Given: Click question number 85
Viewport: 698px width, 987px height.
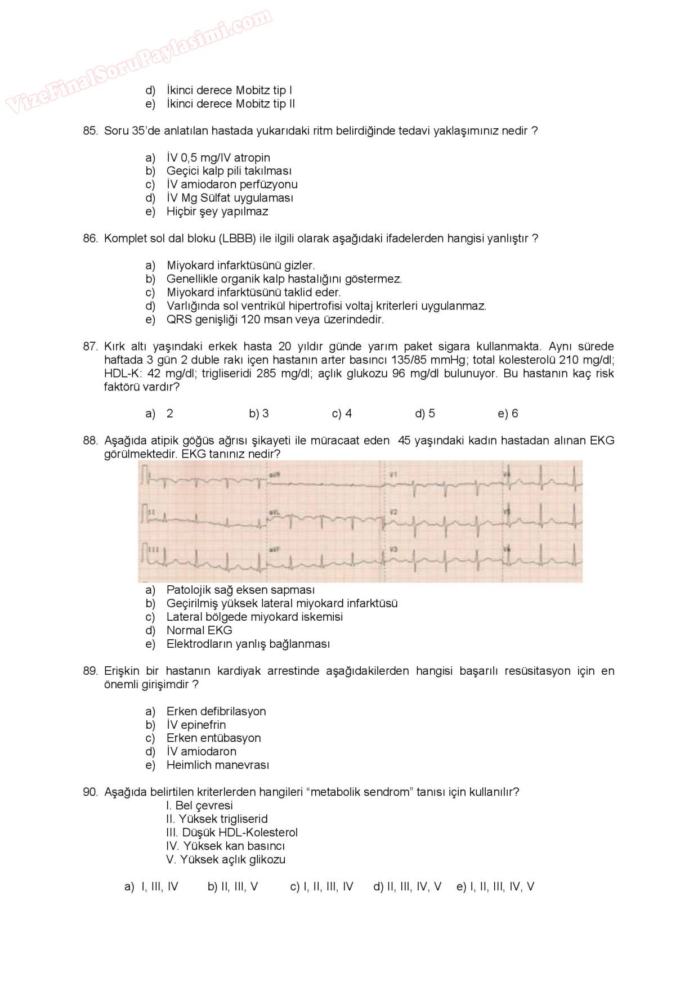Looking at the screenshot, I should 90,131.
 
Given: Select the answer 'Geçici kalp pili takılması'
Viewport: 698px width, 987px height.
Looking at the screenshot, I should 229,171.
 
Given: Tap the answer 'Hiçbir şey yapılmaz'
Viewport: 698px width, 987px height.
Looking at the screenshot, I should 217,212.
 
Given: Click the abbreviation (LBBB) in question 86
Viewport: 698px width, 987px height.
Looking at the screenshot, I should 237,239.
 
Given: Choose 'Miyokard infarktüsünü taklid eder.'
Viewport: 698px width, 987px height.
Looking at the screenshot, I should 253,293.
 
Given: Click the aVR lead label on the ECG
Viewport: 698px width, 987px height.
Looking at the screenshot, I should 276,474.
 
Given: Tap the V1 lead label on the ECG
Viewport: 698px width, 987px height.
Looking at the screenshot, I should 393,475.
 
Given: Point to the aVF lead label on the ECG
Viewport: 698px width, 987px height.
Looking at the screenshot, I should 275,549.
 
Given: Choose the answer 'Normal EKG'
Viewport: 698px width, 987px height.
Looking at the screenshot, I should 199,631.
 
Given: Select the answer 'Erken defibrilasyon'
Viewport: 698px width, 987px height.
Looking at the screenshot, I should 216,712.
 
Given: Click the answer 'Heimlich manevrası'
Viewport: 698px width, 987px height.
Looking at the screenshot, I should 217,765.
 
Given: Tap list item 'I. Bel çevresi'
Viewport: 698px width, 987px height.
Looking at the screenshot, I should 199,806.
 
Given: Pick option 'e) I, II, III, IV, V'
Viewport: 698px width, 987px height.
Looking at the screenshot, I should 495,887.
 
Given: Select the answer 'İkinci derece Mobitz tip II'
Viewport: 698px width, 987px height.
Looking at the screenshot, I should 230,104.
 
